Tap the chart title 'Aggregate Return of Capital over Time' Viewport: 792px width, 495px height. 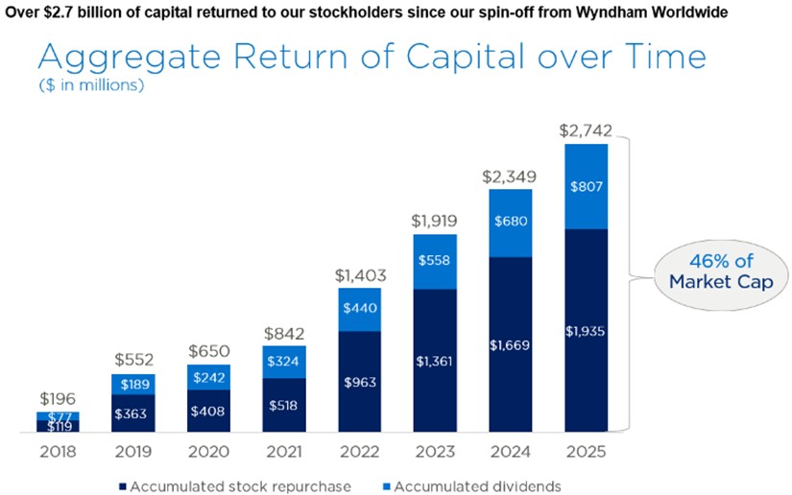click(372, 58)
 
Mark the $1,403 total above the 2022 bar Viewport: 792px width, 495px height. click(358, 274)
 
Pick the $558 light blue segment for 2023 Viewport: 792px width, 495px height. click(435, 261)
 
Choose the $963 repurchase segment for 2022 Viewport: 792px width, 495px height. click(358, 381)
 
